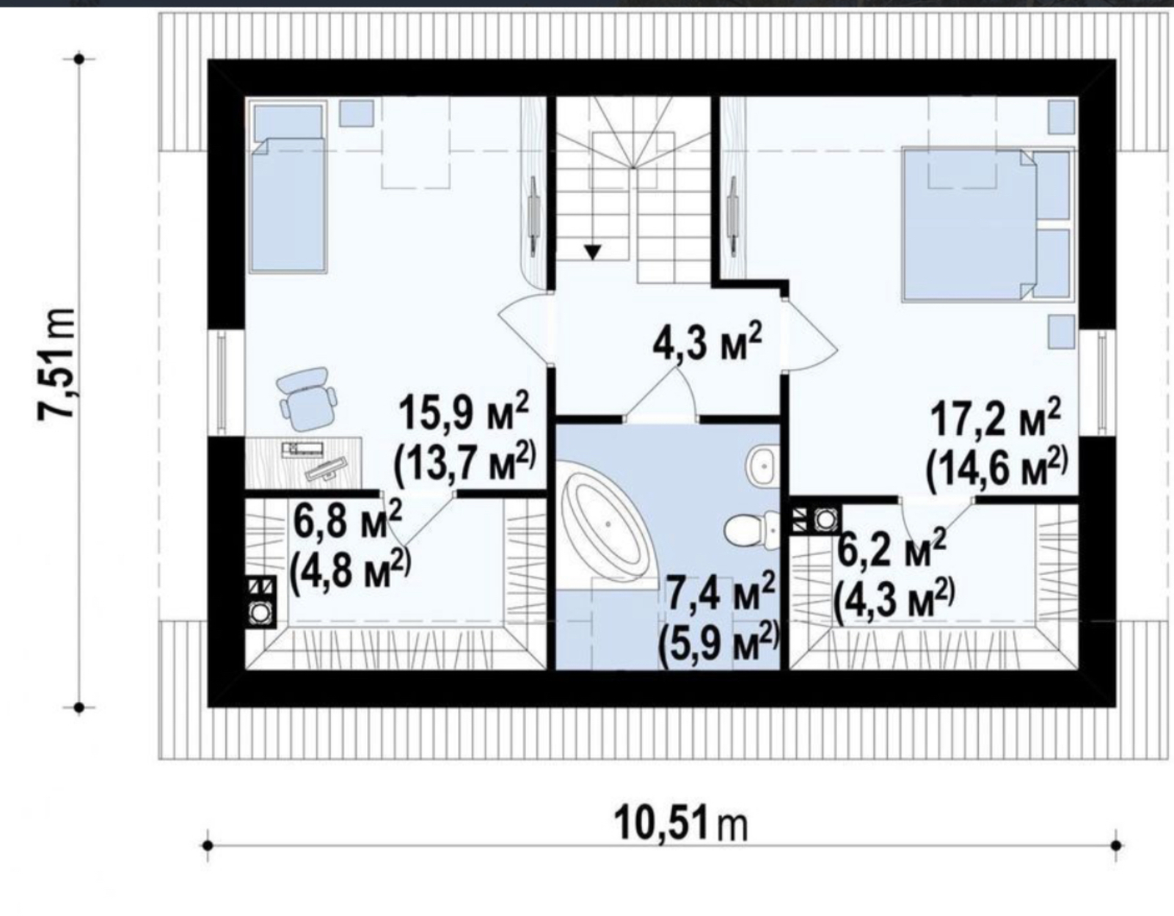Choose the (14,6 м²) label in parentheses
tap(997, 467)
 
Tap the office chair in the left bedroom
tap(306, 397)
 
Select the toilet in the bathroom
tap(751, 529)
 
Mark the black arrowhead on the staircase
tap(593, 252)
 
